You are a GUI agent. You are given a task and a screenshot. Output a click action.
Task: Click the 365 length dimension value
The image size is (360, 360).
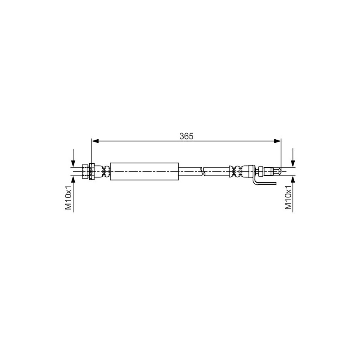(x=186, y=136)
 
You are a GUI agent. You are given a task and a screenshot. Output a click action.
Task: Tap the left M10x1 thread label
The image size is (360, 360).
(x=68, y=198)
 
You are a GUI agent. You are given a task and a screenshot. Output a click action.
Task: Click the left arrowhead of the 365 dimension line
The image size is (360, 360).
(x=95, y=141)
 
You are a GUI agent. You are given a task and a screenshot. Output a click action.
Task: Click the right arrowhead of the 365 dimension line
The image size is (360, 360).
(x=278, y=141)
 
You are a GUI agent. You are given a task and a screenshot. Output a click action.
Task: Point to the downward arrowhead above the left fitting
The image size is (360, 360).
(x=73, y=163)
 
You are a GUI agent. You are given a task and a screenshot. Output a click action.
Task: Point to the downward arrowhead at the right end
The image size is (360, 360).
(x=293, y=163)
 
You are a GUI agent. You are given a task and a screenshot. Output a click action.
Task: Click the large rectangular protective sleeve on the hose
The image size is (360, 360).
(x=144, y=172)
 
